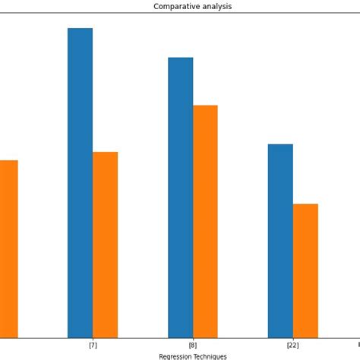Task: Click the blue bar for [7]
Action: [80, 182]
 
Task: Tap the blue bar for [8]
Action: [180, 197]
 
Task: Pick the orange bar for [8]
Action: [205, 221]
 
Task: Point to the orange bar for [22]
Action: [305, 270]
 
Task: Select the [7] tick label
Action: [93, 346]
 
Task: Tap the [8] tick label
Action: [193, 346]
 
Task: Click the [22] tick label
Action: [292, 346]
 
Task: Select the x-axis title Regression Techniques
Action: [193, 356]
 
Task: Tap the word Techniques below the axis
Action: [210, 356]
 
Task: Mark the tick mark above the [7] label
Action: [93, 339]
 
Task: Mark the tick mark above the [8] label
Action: [193, 339]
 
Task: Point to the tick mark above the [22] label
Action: [292, 339]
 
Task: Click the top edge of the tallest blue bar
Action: [80, 29]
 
